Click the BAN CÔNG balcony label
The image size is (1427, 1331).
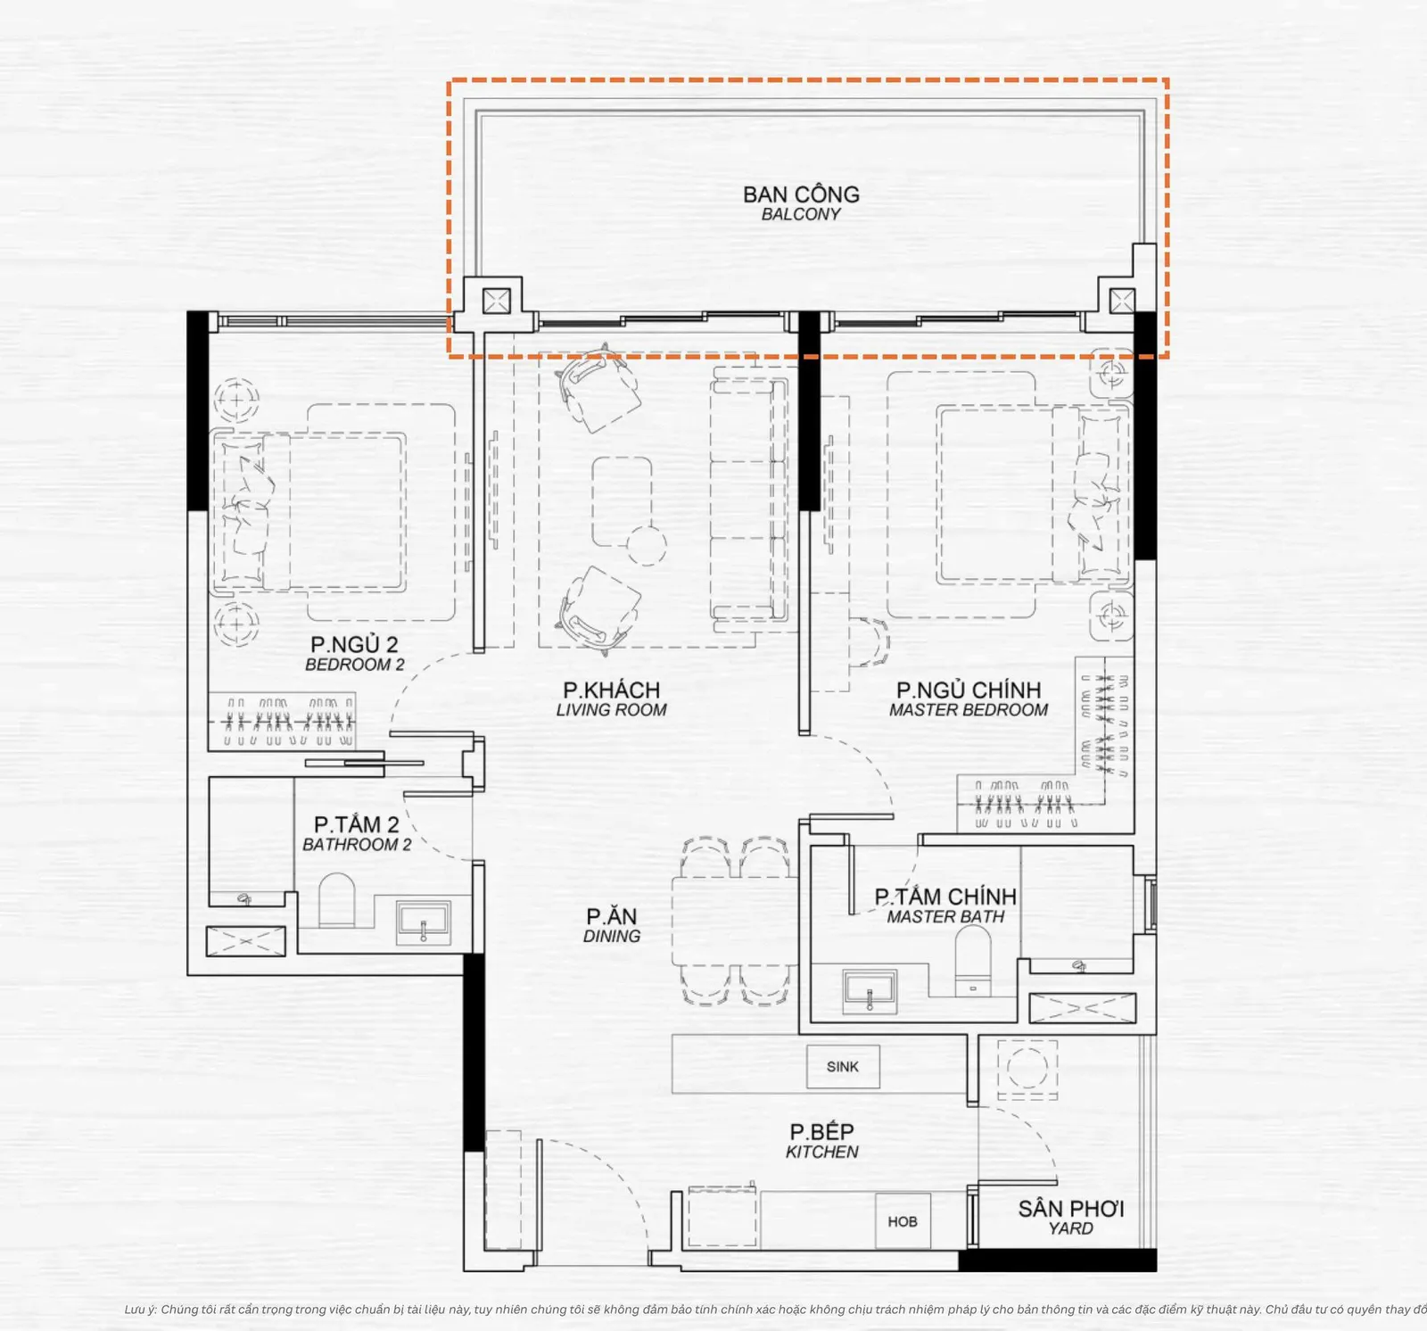coord(801,203)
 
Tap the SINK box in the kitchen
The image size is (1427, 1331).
coord(843,1067)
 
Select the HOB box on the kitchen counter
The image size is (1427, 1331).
coord(903,1221)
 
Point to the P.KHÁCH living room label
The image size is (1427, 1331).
coord(612,699)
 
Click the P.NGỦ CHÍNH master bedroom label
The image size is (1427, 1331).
coord(969,699)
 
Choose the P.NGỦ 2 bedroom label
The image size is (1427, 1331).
coord(354,654)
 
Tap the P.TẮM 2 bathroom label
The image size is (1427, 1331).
coord(357,834)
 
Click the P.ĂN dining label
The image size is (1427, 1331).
coord(612,925)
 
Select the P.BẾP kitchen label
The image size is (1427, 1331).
coord(821,1141)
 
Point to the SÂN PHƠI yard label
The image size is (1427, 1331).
coord(1071,1218)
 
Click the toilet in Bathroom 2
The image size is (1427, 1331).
coord(336,899)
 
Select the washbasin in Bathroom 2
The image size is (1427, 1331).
coord(424,922)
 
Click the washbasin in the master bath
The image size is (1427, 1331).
coord(870,991)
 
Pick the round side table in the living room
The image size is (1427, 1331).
coord(646,544)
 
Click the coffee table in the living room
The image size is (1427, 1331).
coord(622,501)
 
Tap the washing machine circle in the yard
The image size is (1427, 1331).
coord(1027,1067)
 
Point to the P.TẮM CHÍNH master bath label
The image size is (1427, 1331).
coord(945,905)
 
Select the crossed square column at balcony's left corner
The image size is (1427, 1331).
coord(496,300)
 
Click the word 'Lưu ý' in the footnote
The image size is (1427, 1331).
coord(140,1310)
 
